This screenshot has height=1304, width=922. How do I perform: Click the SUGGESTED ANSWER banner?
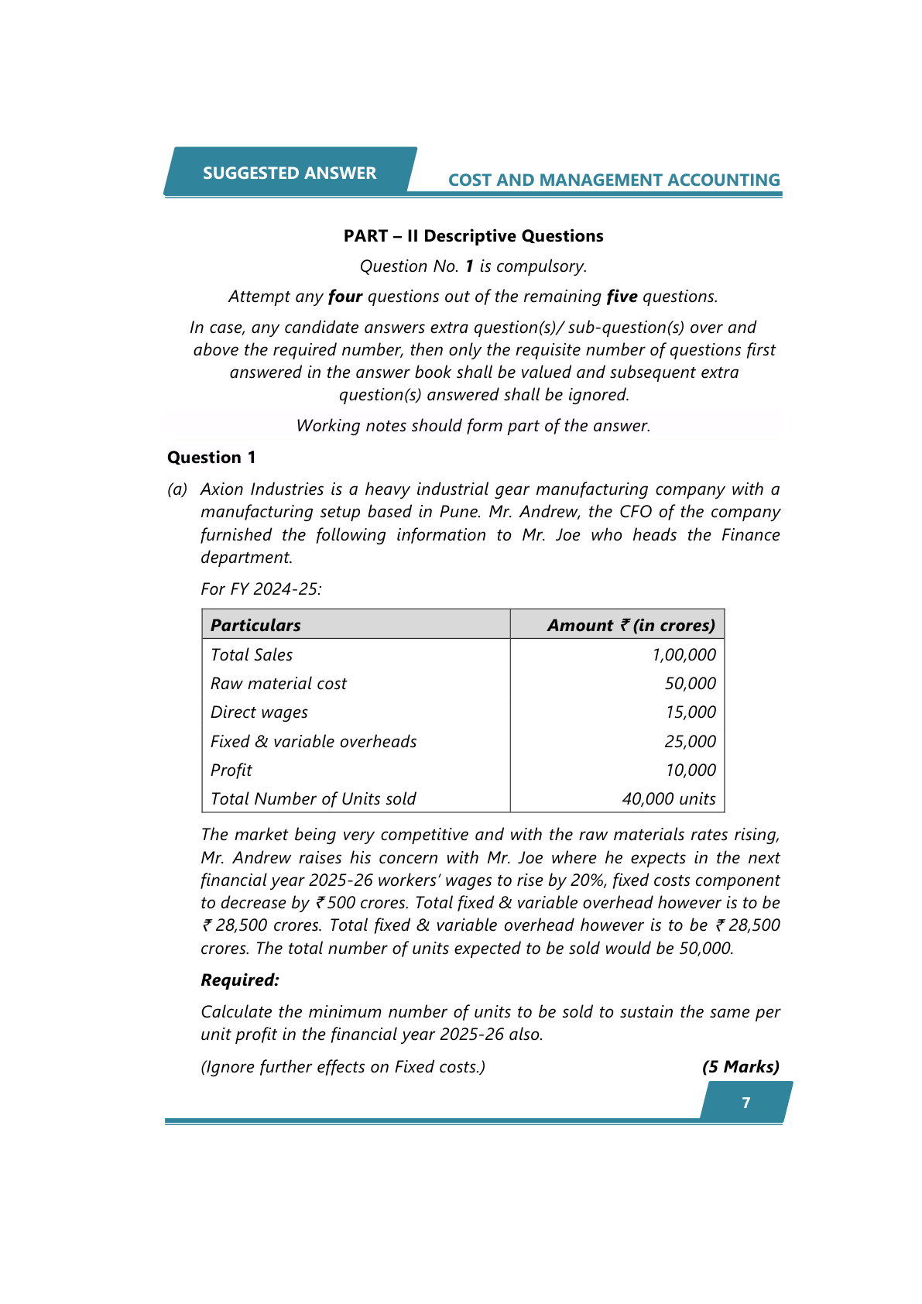(290, 173)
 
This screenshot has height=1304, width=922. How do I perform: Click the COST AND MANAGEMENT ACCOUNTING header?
(614, 180)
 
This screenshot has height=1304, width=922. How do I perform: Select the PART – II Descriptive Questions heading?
(473, 236)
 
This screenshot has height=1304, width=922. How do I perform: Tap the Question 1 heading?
(211, 458)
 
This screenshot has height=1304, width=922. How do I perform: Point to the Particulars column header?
(255, 625)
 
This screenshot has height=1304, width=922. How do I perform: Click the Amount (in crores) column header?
(631, 625)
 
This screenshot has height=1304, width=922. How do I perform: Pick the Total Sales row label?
(252, 655)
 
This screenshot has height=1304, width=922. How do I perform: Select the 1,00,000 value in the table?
(684, 655)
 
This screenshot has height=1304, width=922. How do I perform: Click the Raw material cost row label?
(279, 684)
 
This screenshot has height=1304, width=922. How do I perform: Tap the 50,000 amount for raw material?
(690, 684)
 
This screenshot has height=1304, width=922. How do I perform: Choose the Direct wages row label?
(259, 712)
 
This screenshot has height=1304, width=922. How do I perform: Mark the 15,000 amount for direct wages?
(690, 712)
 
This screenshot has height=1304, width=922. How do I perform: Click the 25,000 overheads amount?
(690, 742)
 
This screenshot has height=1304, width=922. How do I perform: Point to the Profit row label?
(231, 770)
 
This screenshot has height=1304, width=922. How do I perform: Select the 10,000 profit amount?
(690, 770)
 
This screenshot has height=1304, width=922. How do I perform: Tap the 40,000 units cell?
(669, 799)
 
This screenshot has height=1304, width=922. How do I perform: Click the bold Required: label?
(240, 980)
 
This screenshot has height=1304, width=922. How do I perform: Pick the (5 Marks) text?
(741, 1067)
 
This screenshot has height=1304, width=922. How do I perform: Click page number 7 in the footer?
(746, 1103)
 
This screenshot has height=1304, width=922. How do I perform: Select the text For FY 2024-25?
(261, 589)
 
